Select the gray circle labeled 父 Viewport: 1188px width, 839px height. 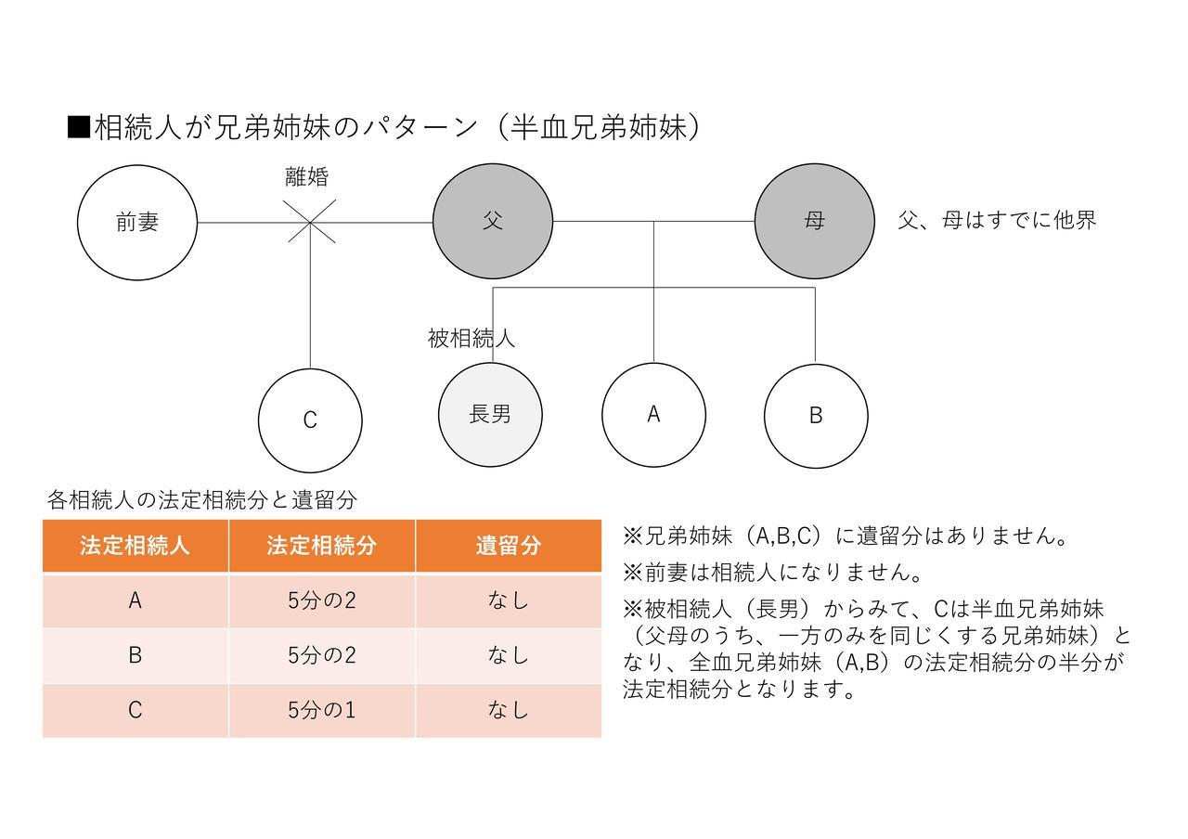[493, 221]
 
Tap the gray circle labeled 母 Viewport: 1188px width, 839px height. [815, 221]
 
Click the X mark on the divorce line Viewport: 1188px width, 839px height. [309, 222]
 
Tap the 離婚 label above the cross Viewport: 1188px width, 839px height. [306, 176]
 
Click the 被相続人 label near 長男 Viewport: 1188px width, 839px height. [471, 339]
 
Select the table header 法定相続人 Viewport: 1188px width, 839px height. [136, 546]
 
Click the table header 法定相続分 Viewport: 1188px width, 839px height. [322, 546]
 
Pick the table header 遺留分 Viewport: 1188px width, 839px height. [509, 546]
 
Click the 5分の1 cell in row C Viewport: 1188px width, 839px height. [322, 710]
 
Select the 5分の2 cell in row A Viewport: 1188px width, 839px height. [322, 600]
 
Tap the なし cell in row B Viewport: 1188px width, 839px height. [509, 655]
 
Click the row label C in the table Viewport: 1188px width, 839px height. [136, 710]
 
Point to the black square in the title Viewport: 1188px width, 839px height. [79, 127]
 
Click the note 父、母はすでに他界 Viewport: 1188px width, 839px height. [997, 220]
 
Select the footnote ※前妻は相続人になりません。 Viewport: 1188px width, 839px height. [773, 573]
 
